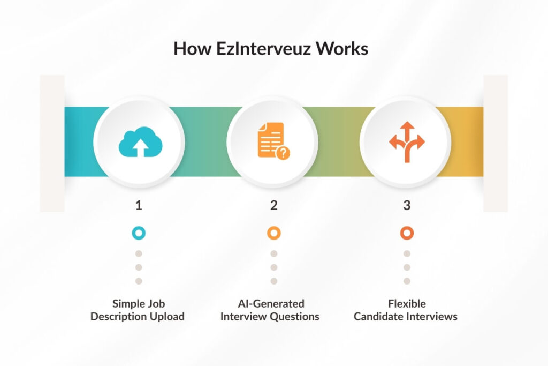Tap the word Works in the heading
[x=342, y=49]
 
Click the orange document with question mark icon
[x=273, y=141]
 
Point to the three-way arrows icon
[x=407, y=141]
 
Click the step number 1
[x=139, y=205]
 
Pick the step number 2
[x=274, y=205]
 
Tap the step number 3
[x=407, y=205]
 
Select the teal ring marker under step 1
[x=139, y=233]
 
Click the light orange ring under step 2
[x=274, y=233]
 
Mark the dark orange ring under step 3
[x=407, y=233]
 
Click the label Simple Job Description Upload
[x=138, y=310]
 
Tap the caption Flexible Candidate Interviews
[x=406, y=310]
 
